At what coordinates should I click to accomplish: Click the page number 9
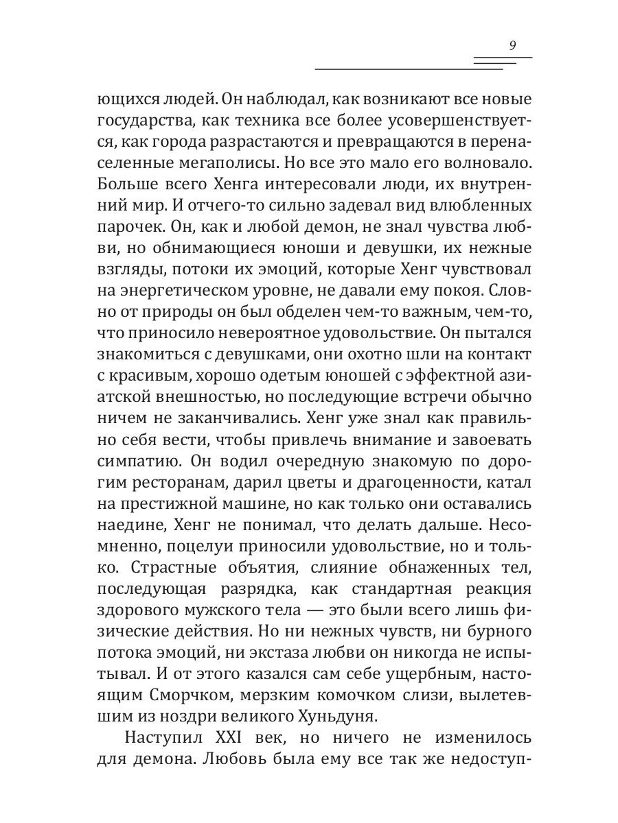(512, 46)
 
